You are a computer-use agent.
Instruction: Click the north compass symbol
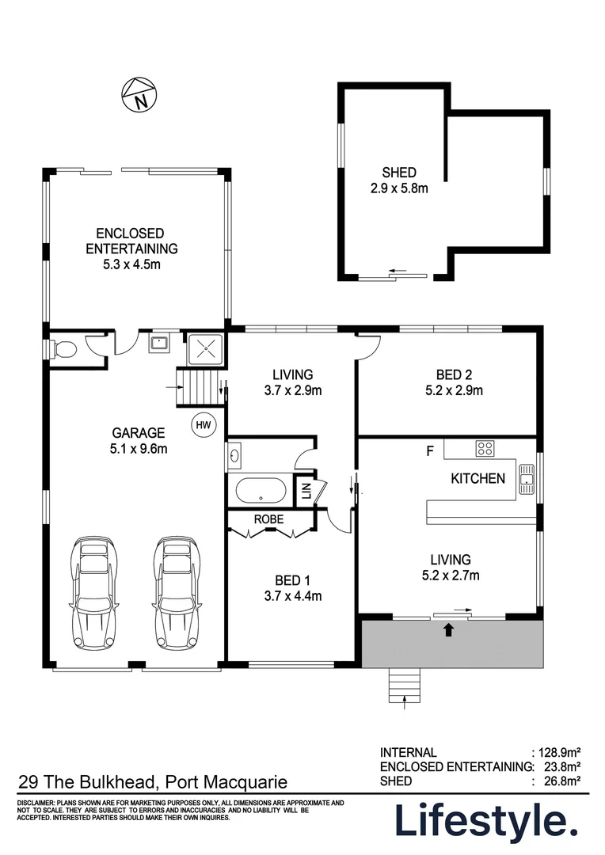[x=139, y=95]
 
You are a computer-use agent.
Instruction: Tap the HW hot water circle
[x=203, y=425]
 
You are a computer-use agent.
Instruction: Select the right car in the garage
[x=176, y=592]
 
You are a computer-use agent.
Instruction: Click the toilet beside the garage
[x=63, y=348]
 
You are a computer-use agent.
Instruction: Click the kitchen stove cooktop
[x=485, y=448]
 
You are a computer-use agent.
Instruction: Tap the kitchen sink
[x=527, y=478]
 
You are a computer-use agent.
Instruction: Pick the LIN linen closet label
[x=305, y=491]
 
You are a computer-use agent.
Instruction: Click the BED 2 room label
[x=459, y=374]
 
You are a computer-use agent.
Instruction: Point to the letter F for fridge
[x=430, y=451]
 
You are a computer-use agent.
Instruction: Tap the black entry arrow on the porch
[x=450, y=630]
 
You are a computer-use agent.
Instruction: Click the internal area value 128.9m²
[x=559, y=752]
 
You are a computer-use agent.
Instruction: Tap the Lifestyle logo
[x=486, y=821]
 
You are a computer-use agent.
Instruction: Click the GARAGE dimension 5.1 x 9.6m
[x=138, y=448]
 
